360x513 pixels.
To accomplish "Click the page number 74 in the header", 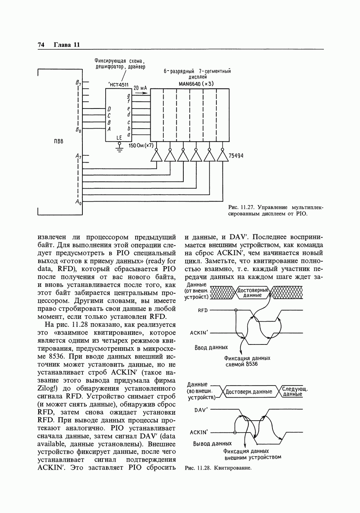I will click(x=41, y=45).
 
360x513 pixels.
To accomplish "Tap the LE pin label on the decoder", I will click(x=119, y=137).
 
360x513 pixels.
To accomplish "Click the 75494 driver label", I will click(x=236, y=156).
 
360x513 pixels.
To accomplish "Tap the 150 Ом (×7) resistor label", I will click(x=141, y=146).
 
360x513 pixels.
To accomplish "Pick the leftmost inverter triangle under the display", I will click(x=157, y=157).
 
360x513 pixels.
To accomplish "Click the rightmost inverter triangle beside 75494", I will click(x=223, y=157).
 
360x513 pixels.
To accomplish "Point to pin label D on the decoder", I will click(x=109, y=109).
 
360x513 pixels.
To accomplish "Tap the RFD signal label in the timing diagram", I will click(x=203, y=311).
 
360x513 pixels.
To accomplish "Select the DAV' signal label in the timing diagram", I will click(x=201, y=410).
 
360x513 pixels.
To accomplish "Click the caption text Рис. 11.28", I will click(x=196, y=468).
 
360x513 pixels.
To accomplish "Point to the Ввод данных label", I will click(x=211, y=348).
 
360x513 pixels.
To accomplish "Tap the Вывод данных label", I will click(x=212, y=444).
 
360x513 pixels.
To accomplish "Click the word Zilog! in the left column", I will click(x=48, y=389).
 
